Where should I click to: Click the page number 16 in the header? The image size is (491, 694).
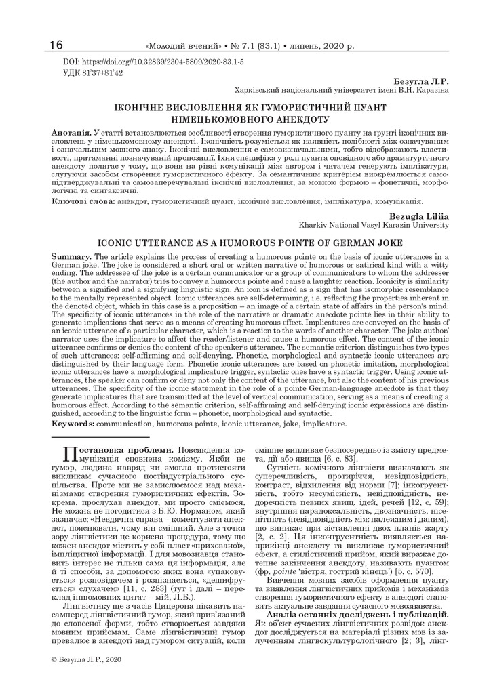point(56,45)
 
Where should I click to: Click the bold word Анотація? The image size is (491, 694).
point(71,129)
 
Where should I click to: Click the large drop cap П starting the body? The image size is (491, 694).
point(71,455)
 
